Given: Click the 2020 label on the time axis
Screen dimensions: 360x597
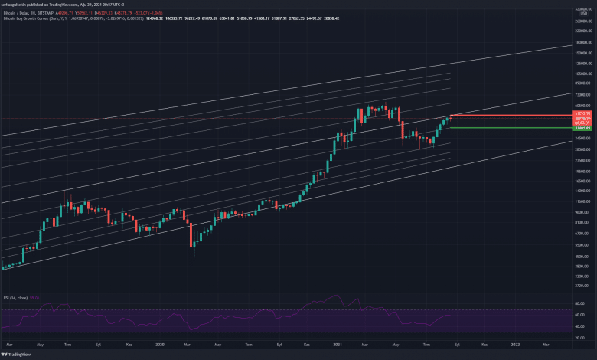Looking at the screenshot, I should coord(160,345).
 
